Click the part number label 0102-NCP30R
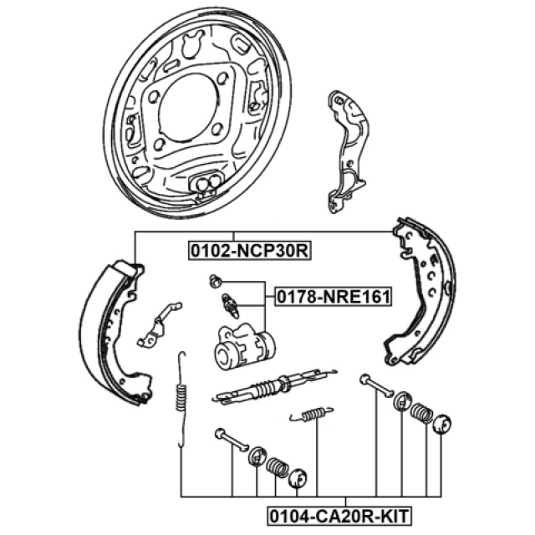click(249, 251)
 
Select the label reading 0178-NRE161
click(334, 297)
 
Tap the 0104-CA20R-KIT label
click(339, 516)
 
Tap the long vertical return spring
click(181, 399)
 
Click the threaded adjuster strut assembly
click(275, 385)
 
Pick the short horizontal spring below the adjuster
click(311, 414)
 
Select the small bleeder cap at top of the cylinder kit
click(215, 281)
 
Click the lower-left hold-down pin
click(232, 440)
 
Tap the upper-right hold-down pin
click(376, 385)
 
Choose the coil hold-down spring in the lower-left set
click(277, 466)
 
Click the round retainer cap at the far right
click(442, 424)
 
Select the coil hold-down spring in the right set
click(421, 413)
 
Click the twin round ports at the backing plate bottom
click(208, 182)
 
